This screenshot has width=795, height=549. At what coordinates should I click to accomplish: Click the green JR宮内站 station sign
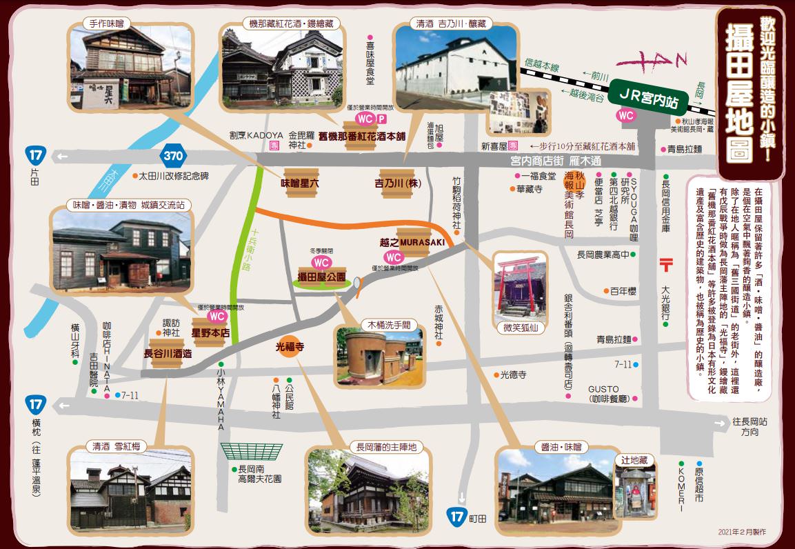click(x=647, y=96)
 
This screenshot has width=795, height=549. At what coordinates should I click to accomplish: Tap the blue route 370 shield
click(x=173, y=156)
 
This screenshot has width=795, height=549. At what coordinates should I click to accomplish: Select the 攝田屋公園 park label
click(x=321, y=277)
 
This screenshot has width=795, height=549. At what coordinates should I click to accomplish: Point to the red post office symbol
click(x=667, y=264)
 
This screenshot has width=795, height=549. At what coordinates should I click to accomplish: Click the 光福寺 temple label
click(x=290, y=347)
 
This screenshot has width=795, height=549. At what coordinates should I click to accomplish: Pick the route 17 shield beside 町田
click(x=456, y=516)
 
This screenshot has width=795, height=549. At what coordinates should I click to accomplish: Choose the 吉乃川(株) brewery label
click(x=398, y=184)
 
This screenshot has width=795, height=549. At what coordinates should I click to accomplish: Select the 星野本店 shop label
click(x=211, y=331)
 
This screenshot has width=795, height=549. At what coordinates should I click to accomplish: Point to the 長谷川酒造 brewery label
click(x=168, y=353)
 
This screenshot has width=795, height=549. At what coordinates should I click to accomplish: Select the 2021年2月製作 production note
click(x=742, y=532)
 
